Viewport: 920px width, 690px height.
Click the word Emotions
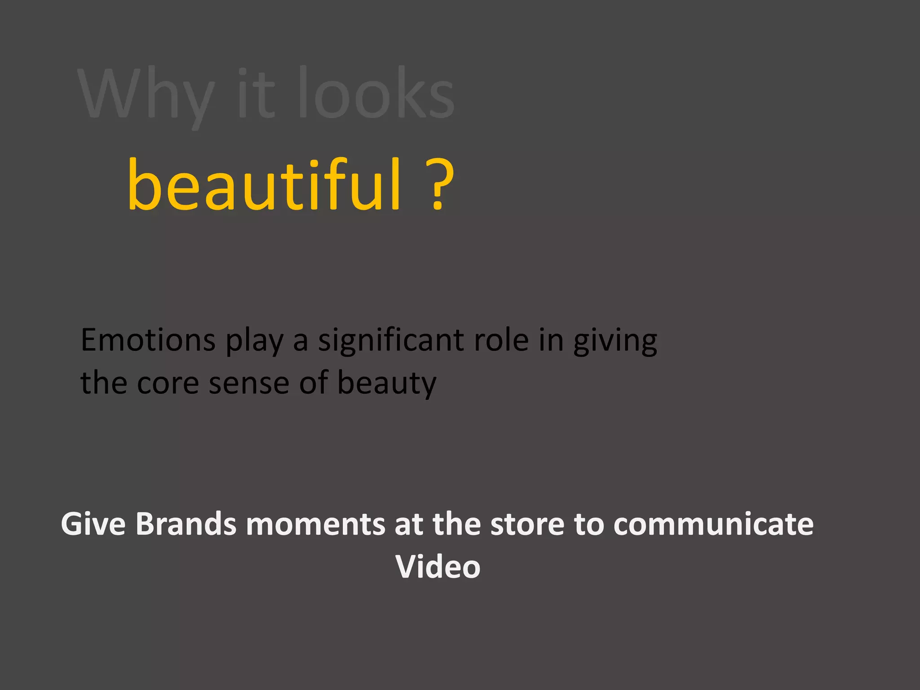click(148, 340)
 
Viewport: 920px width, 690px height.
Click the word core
click(168, 383)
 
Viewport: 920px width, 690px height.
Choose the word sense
click(249, 383)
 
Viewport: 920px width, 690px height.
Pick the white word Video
click(438, 566)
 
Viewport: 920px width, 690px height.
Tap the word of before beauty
click(314, 383)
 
